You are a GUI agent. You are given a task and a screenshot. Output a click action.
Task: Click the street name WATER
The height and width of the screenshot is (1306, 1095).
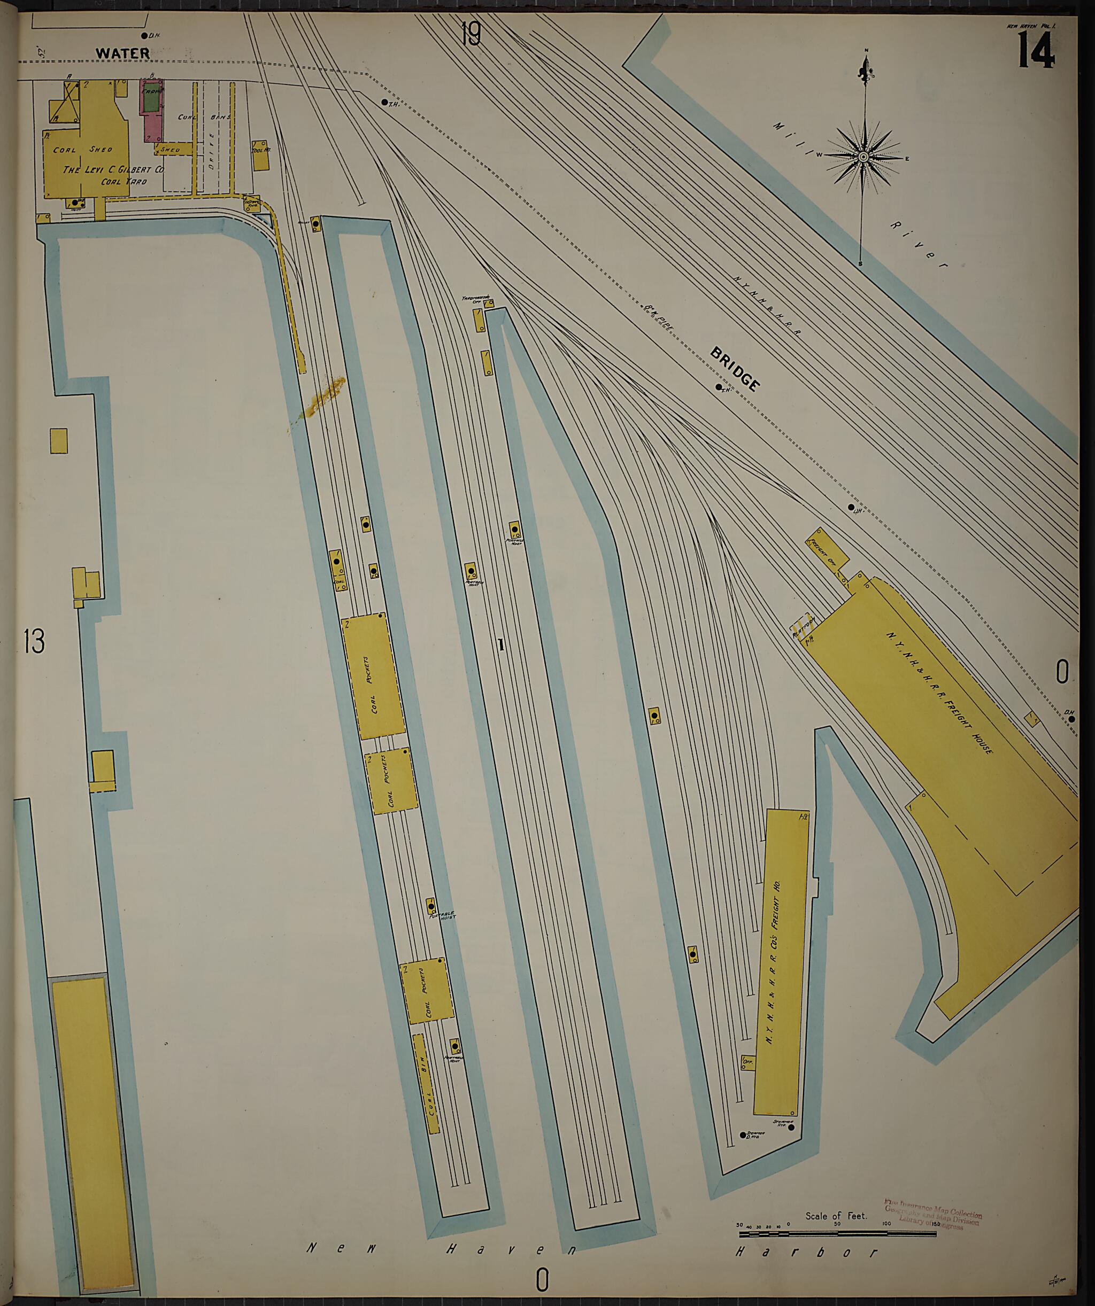click(122, 53)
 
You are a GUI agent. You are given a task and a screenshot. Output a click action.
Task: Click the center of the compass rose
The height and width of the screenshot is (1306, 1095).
click(863, 157)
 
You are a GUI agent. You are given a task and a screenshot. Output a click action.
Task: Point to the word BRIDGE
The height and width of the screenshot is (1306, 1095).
click(735, 369)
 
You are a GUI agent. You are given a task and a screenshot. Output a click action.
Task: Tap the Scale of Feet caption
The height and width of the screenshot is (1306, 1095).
click(836, 1215)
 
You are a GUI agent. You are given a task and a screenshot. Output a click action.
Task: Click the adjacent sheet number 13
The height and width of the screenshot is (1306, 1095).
click(34, 642)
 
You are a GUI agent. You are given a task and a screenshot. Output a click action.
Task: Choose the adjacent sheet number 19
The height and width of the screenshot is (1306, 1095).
click(471, 34)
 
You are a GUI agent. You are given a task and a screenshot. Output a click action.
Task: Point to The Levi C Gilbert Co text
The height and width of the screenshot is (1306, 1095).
click(113, 169)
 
